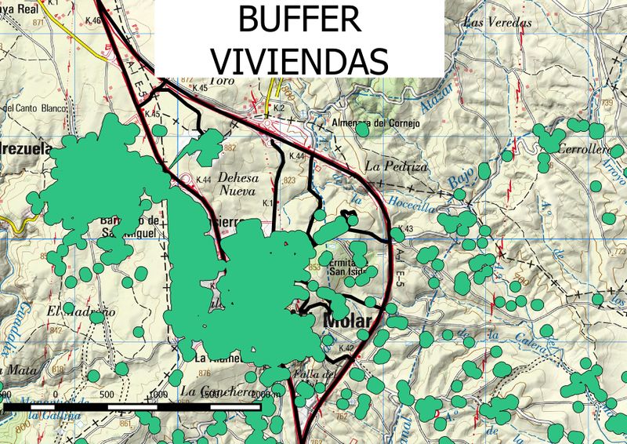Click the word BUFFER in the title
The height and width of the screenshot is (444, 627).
[299, 19]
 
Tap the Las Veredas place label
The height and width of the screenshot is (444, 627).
[498, 23]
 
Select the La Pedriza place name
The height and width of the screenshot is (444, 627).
[396, 167]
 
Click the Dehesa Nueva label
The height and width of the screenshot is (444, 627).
[237, 184]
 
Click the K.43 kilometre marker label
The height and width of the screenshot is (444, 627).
[404, 229]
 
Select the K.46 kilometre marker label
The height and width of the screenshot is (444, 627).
[92, 20]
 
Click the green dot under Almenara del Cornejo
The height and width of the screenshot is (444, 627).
[361, 131]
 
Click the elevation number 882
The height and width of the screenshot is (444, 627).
[230, 147]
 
